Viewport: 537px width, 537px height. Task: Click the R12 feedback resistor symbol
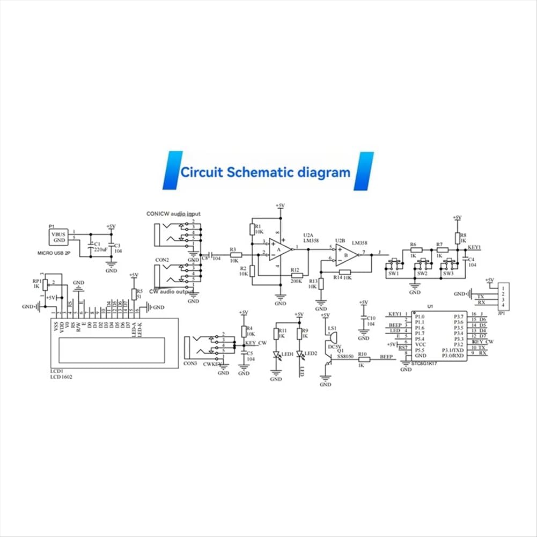(x=295, y=276)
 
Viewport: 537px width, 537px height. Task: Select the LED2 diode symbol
(x=300, y=355)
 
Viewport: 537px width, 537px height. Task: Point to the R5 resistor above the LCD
(x=133, y=294)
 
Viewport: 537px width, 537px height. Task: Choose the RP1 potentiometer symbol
(x=45, y=284)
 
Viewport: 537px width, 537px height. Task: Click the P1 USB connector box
(x=58, y=237)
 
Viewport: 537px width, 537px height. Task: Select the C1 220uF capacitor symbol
(x=90, y=248)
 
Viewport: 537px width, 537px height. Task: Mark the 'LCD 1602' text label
(x=61, y=377)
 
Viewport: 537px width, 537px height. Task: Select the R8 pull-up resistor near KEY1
(x=457, y=238)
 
